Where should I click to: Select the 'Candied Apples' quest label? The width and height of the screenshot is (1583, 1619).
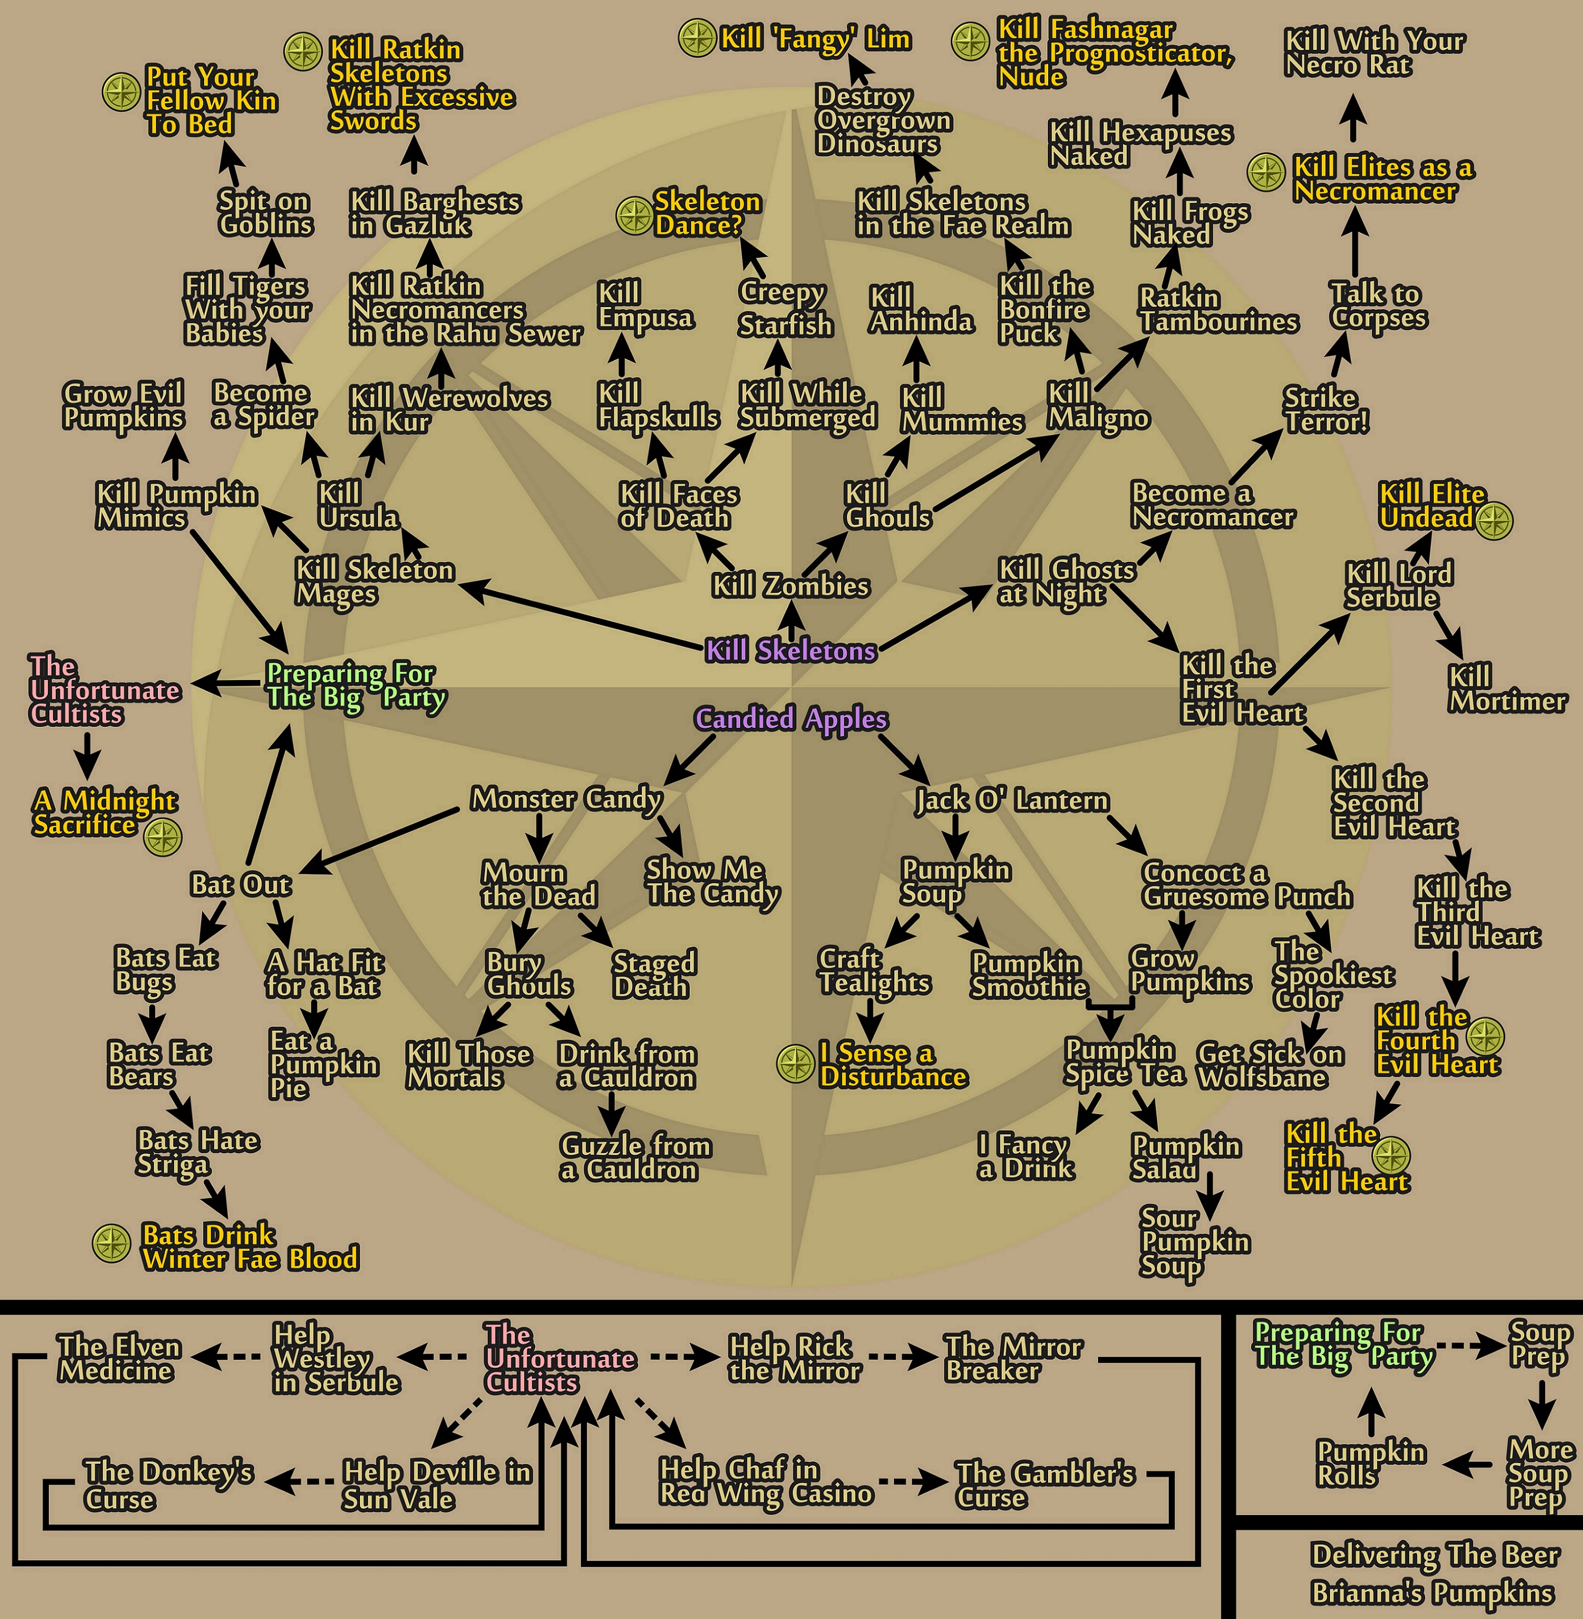[x=790, y=718]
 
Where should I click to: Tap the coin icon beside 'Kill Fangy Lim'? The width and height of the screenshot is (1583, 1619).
[x=696, y=38]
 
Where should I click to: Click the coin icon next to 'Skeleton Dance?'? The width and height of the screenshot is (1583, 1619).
[x=635, y=215]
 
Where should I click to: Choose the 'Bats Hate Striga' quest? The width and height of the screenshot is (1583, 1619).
[x=197, y=1152]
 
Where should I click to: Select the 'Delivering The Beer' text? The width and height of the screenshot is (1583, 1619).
[x=1434, y=1554]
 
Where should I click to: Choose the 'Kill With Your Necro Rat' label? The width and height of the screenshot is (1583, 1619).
[x=1374, y=52]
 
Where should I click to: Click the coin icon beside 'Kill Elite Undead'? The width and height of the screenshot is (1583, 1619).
[x=1494, y=520]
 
